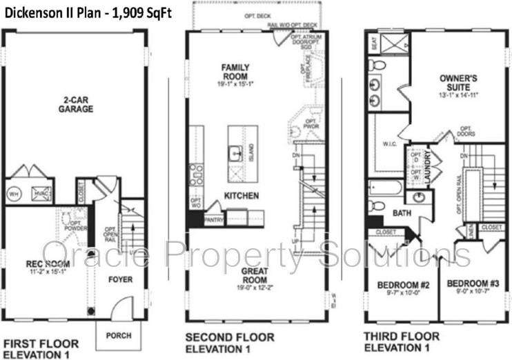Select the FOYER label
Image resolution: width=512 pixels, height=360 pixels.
(x=120, y=279)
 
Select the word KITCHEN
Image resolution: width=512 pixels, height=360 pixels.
(x=241, y=196)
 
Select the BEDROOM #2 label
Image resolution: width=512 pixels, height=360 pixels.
(x=404, y=285)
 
